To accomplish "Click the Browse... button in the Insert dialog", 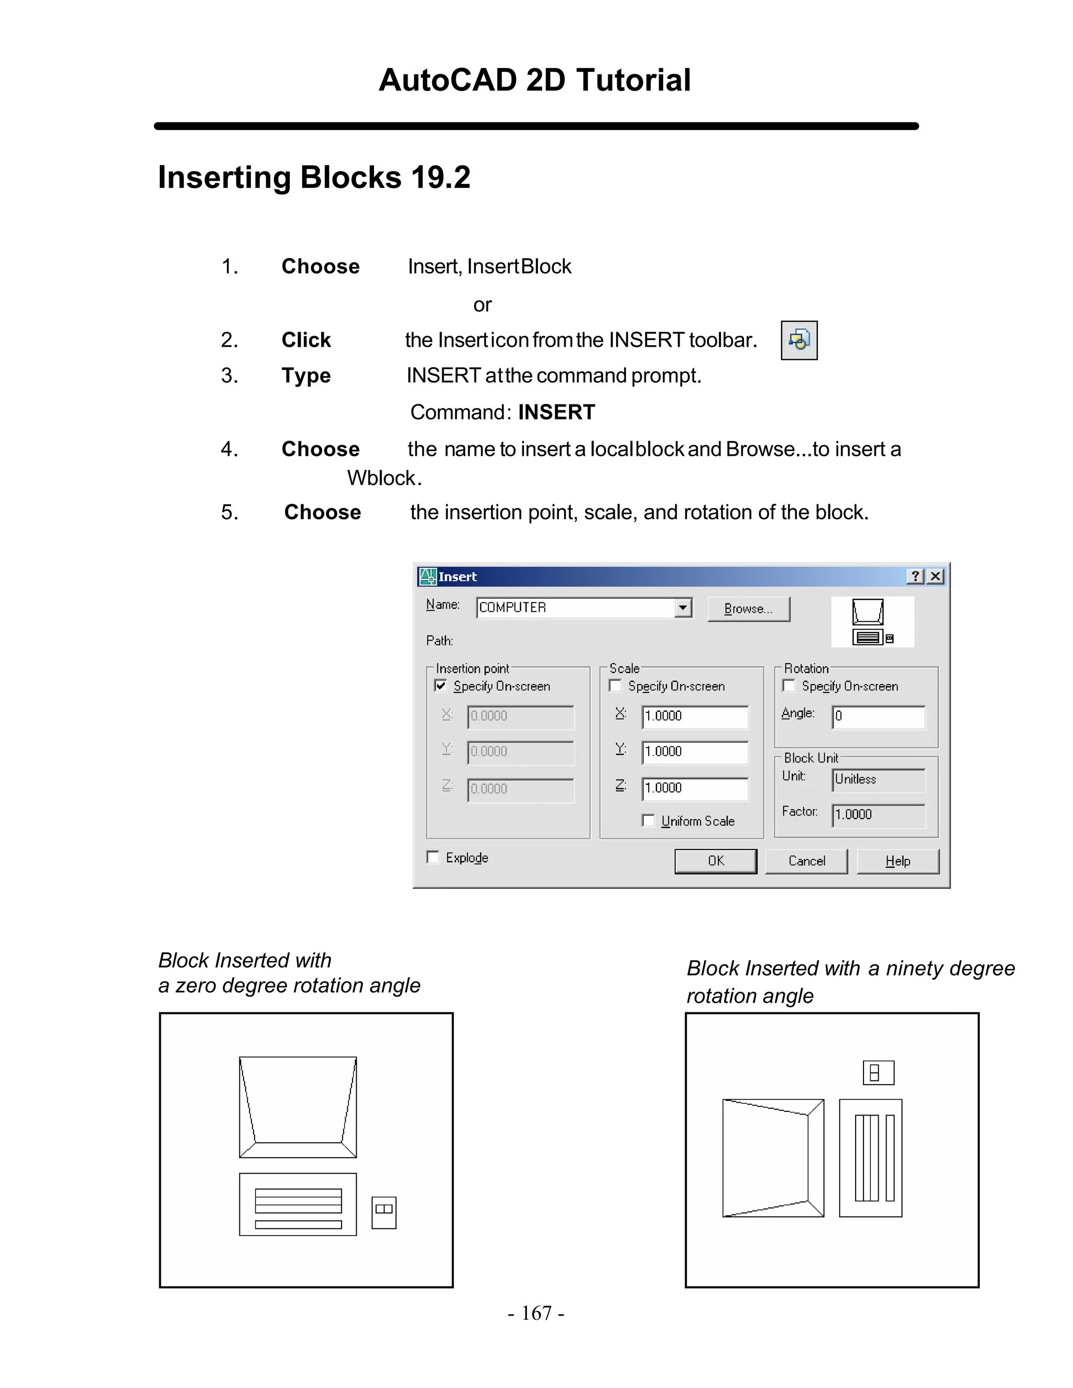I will click(748, 609).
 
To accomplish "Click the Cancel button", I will click(806, 861).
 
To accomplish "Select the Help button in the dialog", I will click(897, 861).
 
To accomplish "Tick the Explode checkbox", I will click(433, 857).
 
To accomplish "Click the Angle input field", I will click(879, 716).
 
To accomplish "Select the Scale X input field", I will click(695, 716).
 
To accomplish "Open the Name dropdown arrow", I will click(683, 608).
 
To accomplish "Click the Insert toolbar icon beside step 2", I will click(799, 340).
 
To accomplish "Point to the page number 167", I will click(536, 1313).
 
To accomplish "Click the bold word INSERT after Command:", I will click(556, 412).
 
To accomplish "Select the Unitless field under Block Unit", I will click(879, 780).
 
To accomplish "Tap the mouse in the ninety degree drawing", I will click(878, 1073).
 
